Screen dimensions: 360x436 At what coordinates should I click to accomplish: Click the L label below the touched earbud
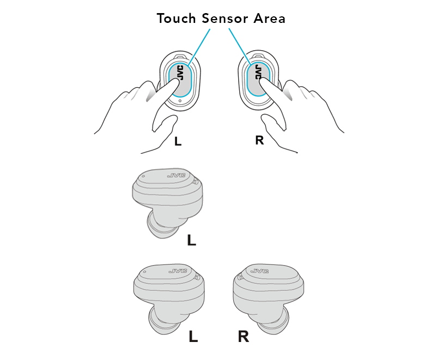[178, 142]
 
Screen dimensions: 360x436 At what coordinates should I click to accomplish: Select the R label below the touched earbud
[259, 140]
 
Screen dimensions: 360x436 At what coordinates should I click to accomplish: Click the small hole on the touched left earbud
[180, 101]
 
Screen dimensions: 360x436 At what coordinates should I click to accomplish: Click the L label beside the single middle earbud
[191, 240]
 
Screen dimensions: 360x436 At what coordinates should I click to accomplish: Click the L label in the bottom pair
[193, 337]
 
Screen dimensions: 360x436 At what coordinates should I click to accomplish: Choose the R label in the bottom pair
[243, 337]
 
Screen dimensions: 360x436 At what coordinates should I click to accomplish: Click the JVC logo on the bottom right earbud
[260, 271]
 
